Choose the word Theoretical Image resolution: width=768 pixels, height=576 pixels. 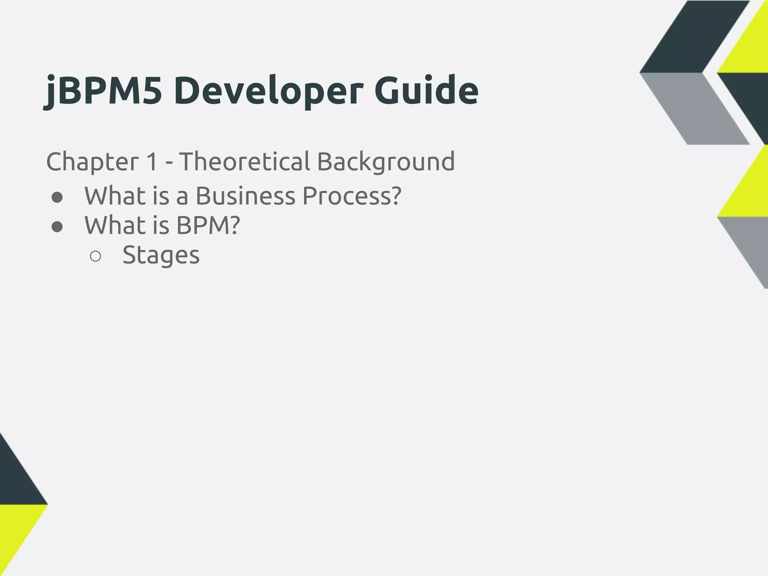[244, 161]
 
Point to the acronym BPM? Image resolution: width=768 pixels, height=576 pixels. [208, 225]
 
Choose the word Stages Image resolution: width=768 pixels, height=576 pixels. [161, 255]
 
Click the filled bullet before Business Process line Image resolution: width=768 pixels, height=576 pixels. [57, 197]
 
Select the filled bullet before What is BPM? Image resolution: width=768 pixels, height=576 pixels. [57, 226]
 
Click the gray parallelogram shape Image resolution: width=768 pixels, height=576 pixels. [694, 109]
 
